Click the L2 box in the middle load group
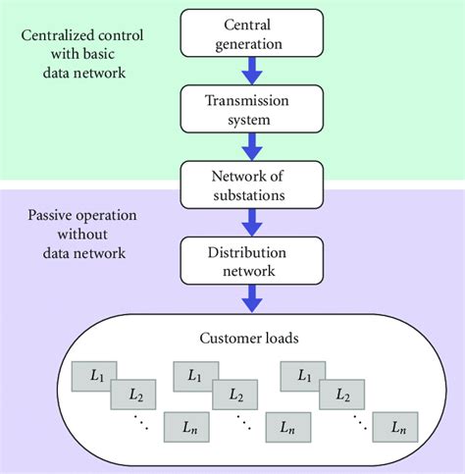(237, 396)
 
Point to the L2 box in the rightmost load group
(343, 396)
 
